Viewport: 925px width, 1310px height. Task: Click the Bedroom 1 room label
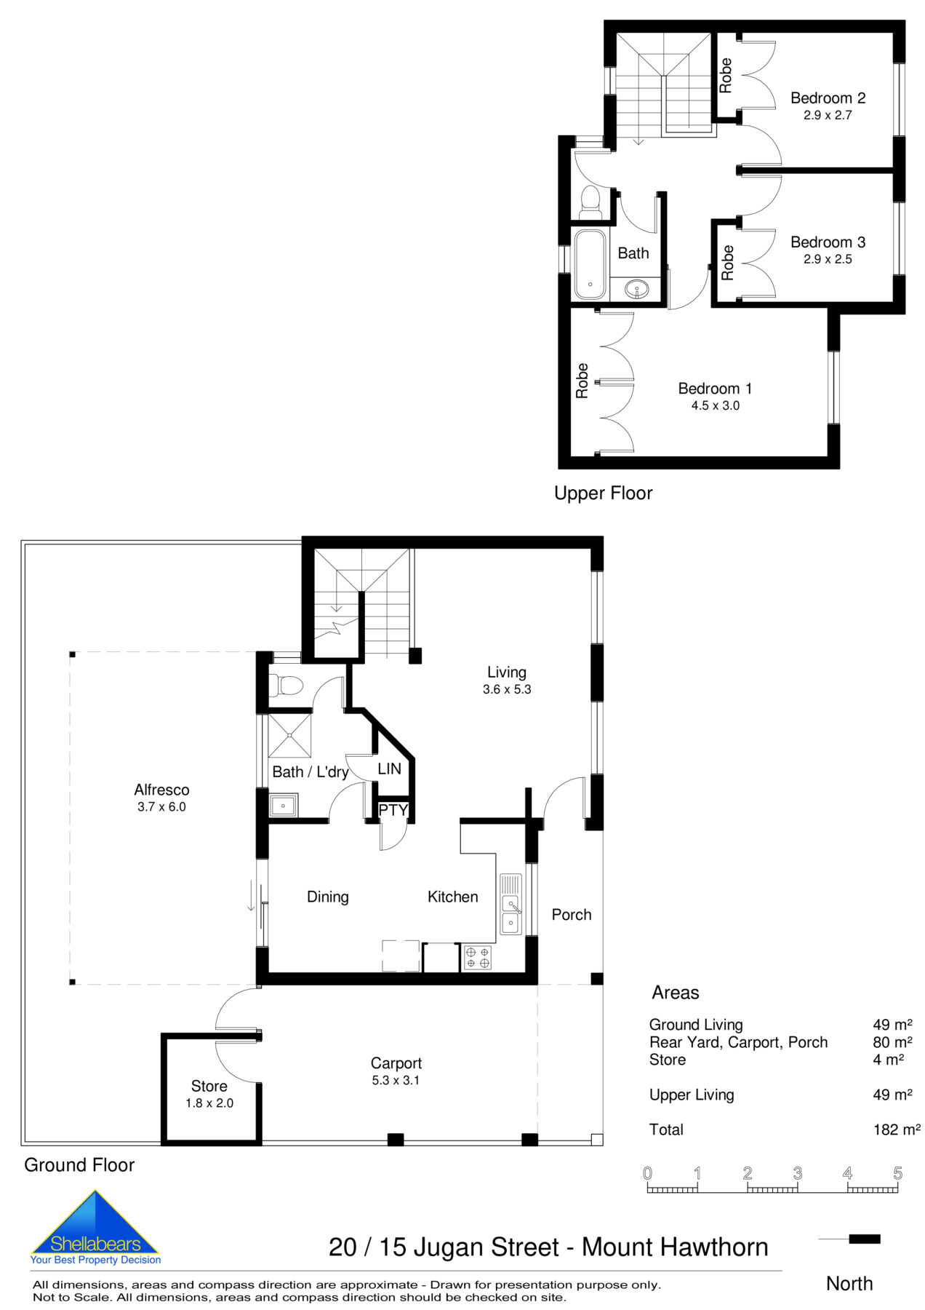[x=714, y=389]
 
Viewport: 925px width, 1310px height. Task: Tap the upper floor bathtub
[x=589, y=266]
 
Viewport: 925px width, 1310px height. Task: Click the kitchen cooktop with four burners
[x=478, y=957]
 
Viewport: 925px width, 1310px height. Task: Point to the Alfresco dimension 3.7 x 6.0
[x=161, y=806]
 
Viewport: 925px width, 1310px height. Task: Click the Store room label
[x=209, y=1086]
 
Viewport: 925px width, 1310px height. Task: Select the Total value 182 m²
[x=896, y=1130]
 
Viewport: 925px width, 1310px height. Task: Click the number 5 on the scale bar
[x=897, y=1173]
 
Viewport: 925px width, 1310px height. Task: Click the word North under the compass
[x=849, y=1283]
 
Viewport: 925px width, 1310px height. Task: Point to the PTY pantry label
[x=393, y=810]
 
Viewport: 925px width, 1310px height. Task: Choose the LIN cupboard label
[x=389, y=769]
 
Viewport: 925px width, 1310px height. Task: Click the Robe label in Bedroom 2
[x=726, y=76]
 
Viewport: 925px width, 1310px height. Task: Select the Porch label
[x=571, y=914]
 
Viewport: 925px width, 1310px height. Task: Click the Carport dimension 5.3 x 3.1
[x=396, y=1080]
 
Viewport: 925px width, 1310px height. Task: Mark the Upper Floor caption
[x=603, y=493]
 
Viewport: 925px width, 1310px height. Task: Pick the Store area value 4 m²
[x=888, y=1060]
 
